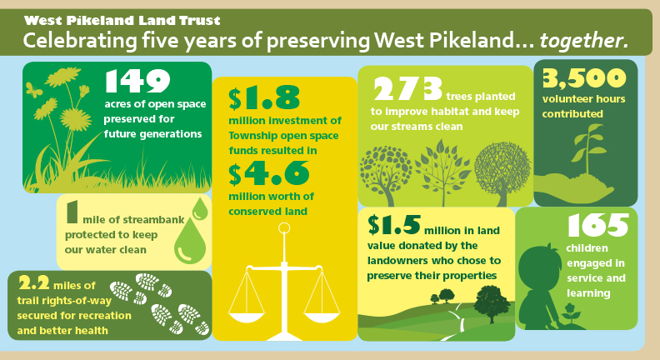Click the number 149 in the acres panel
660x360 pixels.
(x=137, y=82)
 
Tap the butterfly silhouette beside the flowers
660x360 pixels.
(x=33, y=90)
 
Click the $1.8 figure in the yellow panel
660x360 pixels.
(x=264, y=98)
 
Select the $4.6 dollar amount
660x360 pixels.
(x=269, y=173)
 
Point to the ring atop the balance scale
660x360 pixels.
(x=284, y=228)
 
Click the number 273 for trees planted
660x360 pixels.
(x=407, y=89)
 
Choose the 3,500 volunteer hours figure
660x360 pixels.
(x=584, y=78)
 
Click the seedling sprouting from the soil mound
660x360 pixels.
(x=588, y=143)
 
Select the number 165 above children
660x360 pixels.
(x=597, y=225)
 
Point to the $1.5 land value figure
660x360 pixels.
(x=393, y=225)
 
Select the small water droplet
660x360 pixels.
(x=200, y=209)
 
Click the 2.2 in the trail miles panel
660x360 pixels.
(x=33, y=283)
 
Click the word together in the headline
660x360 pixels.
(x=584, y=41)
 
